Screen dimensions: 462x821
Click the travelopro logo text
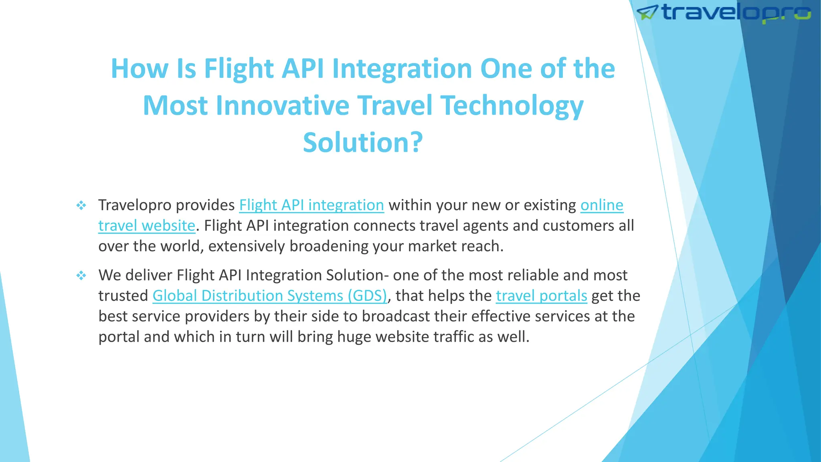(736, 13)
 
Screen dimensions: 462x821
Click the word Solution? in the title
(363, 142)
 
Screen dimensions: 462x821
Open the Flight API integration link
(311, 205)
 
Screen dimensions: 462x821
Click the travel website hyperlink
(147, 226)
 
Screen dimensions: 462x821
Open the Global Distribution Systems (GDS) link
(270, 296)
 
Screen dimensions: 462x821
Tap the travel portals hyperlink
(541, 296)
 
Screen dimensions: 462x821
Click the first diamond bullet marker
(81, 206)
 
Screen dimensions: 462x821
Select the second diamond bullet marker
(81, 276)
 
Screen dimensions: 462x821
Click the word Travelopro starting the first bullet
(135, 205)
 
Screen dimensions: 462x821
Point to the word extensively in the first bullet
(246, 246)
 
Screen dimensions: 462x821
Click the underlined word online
(602, 205)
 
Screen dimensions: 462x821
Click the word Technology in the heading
(512, 105)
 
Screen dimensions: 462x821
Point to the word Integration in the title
(402, 69)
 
